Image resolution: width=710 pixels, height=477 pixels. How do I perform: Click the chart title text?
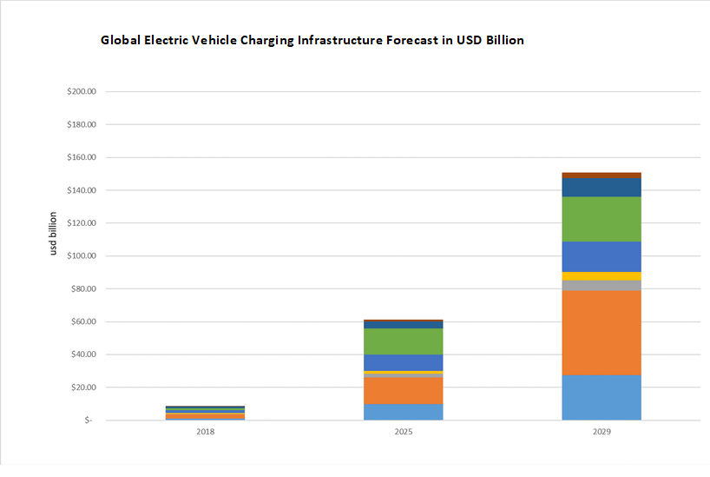(x=312, y=40)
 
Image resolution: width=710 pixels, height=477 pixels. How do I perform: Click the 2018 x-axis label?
(x=205, y=431)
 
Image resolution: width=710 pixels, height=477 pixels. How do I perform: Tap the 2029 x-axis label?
(x=601, y=431)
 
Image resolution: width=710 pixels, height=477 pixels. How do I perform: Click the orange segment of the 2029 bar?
(x=601, y=332)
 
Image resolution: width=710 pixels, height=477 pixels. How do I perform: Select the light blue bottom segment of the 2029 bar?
(x=601, y=398)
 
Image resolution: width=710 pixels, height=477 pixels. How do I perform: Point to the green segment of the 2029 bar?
(x=601, y=219)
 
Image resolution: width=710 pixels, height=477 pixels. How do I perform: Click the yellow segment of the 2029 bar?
(x=601, y=276)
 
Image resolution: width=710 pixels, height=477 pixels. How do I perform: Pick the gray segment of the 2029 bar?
(x=601, y=285)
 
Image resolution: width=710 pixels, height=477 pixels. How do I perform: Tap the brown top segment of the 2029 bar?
(x=601, y=176)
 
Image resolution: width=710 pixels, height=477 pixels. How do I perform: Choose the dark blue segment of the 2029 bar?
(x=601, y=188)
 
